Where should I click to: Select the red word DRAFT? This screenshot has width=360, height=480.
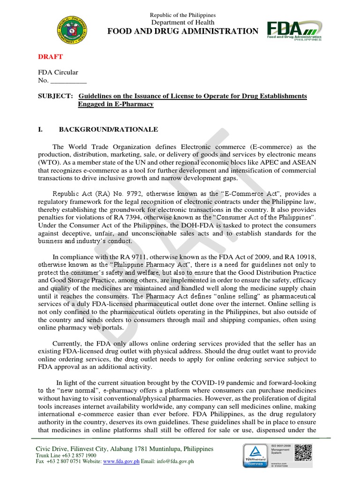(50, 56)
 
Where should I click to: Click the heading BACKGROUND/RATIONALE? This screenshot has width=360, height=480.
(108, 129)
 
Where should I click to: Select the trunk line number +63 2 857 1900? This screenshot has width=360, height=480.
(79, 455)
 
